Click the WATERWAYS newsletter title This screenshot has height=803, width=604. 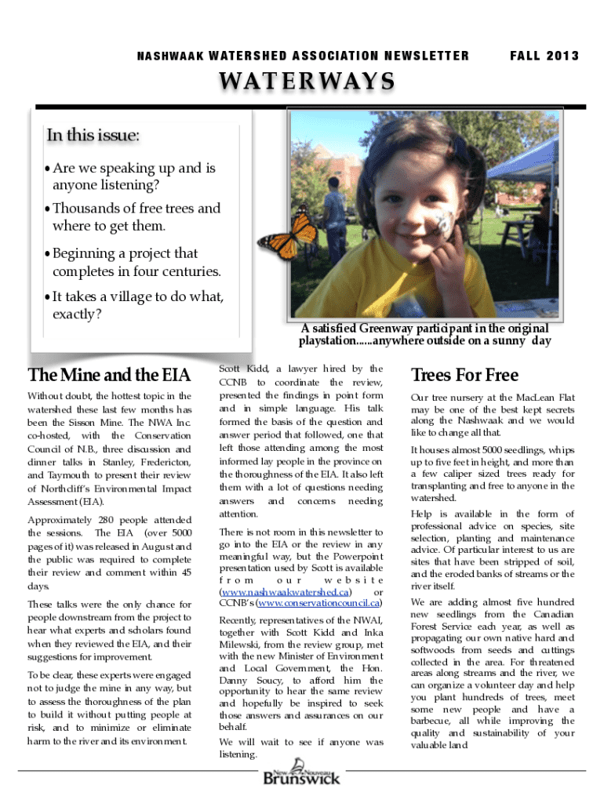coord(308,82)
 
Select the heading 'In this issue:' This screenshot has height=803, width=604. coord(93,136)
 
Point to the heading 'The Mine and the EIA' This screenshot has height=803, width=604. coord(109,375)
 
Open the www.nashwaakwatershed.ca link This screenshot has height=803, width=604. coord(286,591)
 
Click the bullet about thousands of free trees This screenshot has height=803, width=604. coord(135,217)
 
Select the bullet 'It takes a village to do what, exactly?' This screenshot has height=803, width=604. coord(136,306)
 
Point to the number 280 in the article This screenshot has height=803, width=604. coord(104,521)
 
